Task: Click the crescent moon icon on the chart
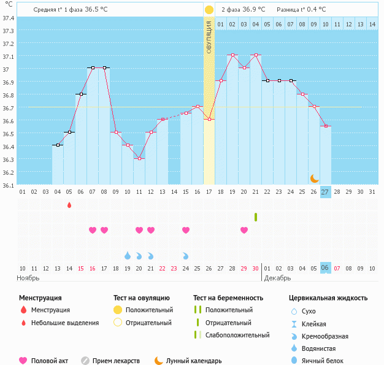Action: point(315,178)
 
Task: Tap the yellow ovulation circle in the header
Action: point(209,10)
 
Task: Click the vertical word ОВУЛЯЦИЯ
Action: point(209,34)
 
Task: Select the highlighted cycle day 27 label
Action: point(326,191)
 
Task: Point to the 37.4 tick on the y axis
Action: point(8,18)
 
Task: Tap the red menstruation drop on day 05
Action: point(69,205)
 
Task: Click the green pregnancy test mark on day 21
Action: point(256,217)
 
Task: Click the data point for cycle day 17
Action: point(209,119)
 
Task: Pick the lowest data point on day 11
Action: point(139,158)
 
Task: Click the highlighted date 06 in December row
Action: point(325,268)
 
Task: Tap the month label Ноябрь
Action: point(28,278)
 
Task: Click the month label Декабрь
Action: point(278,278)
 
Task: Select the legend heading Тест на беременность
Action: point(228,298)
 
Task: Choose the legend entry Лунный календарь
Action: point(194,361)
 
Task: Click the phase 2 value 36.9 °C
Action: point(252,10)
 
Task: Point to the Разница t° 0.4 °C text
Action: point(301,10)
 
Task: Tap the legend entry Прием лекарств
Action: point(116,361)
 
